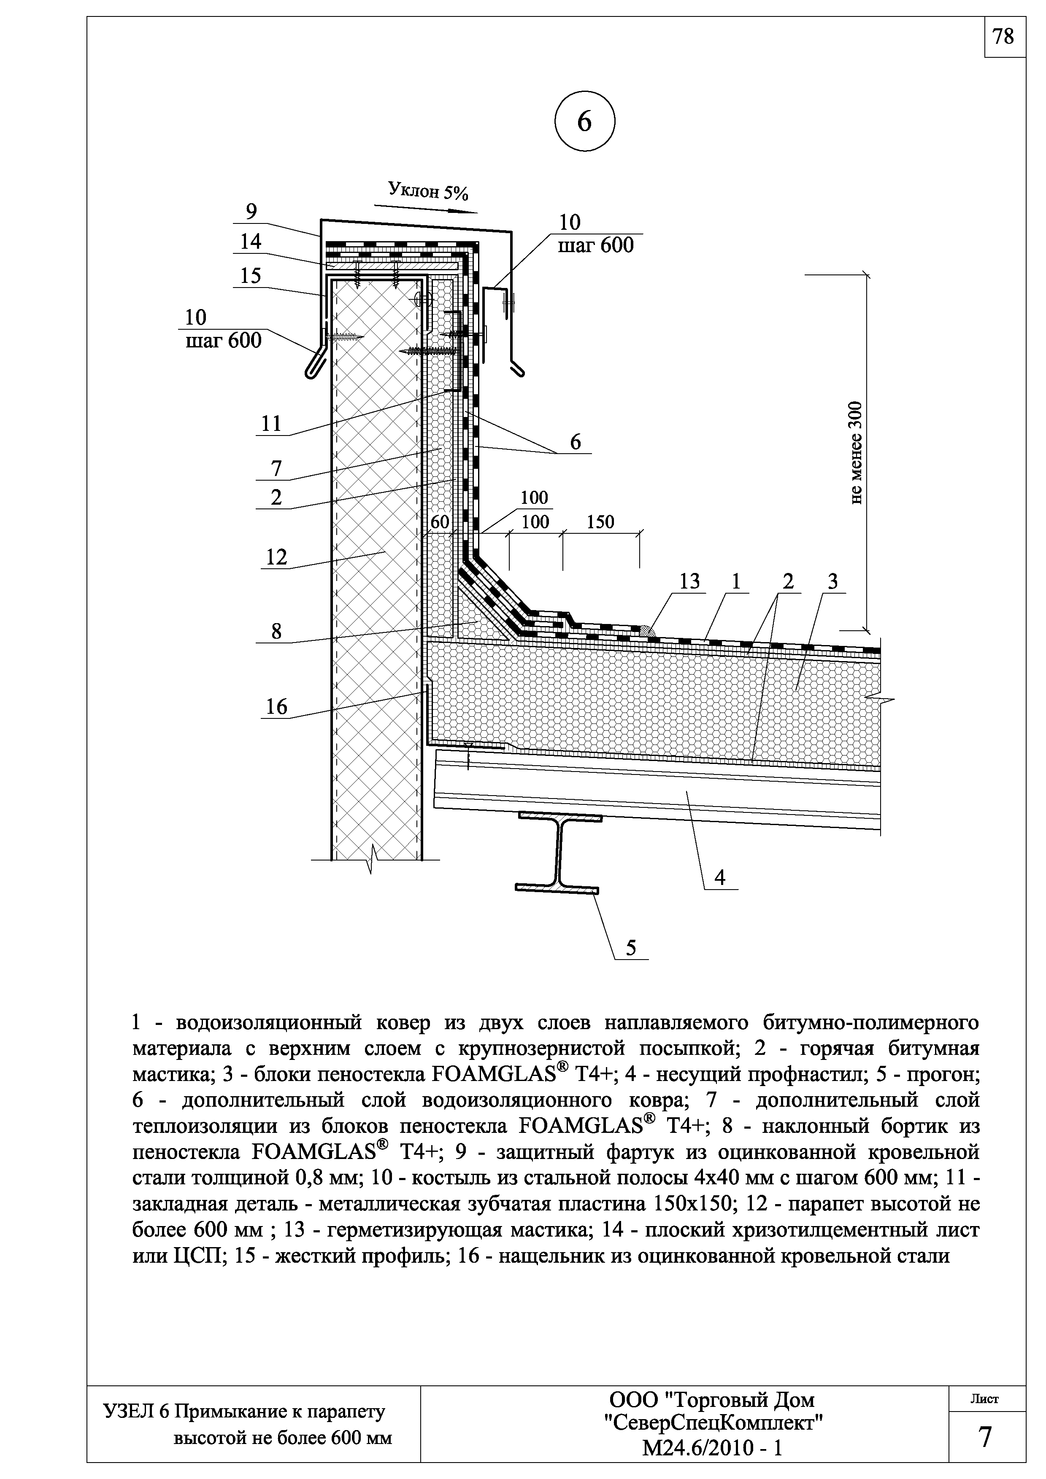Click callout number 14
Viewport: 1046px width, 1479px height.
[x=251, y=242]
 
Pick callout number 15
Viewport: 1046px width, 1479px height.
[x=251, y=276]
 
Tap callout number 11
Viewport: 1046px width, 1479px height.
[x=271, y=423]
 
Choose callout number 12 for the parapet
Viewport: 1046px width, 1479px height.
[x=276, y=557]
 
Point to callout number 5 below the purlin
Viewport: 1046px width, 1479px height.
[x=631, y=948]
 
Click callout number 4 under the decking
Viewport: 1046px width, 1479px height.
[x=720, y=877]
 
